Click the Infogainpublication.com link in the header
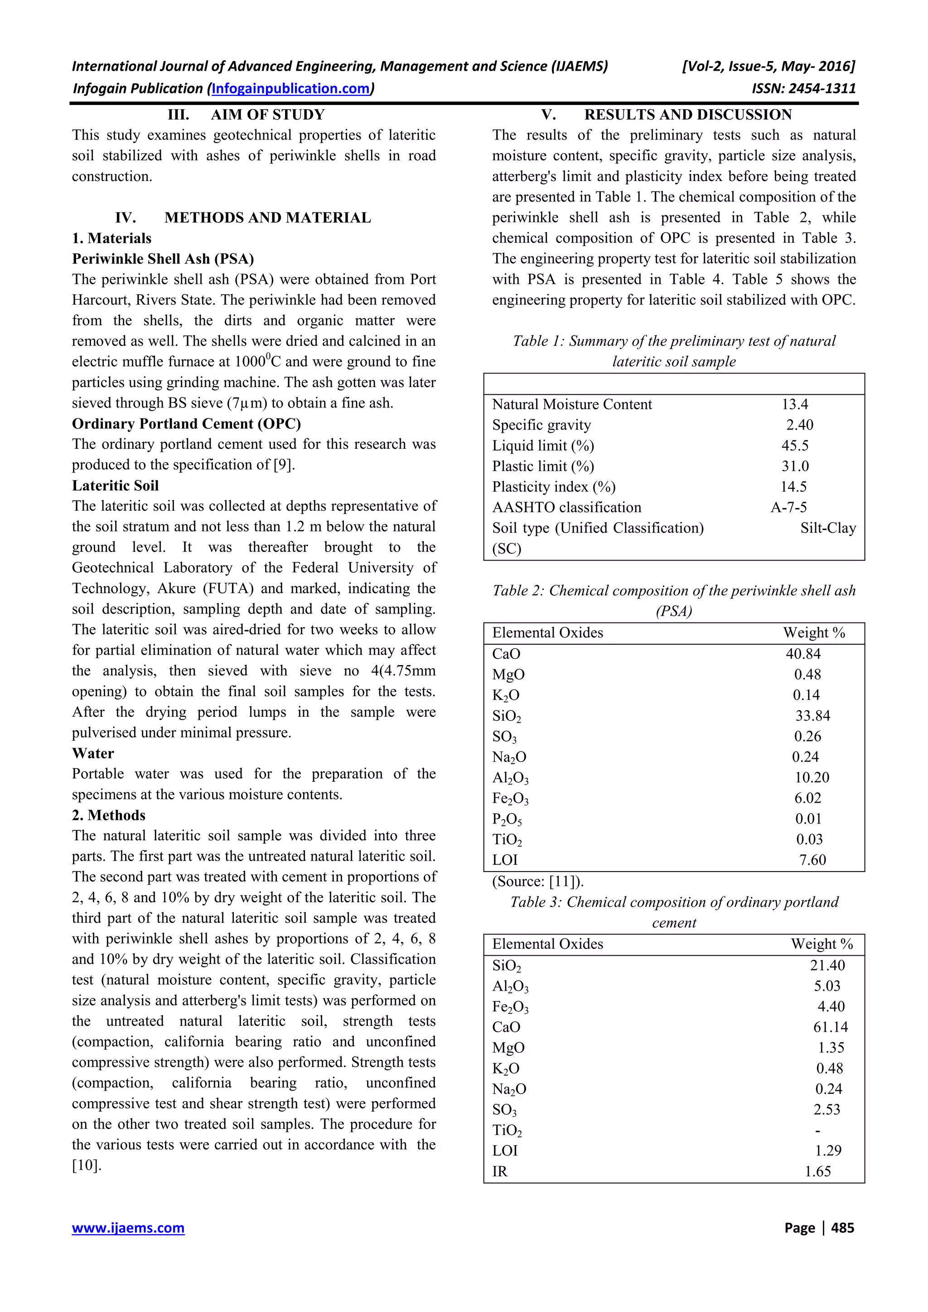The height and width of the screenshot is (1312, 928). [x=291, y=89]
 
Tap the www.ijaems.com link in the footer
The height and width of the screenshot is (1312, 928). [x=128, y=1227]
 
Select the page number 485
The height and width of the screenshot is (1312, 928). [x=842, y=1227]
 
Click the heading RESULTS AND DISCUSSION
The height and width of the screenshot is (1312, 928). [x=687, y=115]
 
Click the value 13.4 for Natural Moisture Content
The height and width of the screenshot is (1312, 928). [x=795, y=405]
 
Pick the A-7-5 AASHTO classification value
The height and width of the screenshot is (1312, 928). [x=788, y=508]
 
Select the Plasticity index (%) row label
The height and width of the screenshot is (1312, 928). [x=553, y=487]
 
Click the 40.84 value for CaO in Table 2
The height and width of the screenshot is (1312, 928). [x=803, y=654]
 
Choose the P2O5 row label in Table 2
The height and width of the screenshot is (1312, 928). [x=507, y=819]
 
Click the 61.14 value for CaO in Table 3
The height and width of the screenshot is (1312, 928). [x=830, y=1027]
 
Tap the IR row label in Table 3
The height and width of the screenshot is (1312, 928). [x=500, y=1172]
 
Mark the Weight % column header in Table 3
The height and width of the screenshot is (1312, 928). [x=822, y=944]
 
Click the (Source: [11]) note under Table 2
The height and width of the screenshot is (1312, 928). [x=537, y=881]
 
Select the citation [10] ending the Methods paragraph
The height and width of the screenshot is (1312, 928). [x=87, y=1165]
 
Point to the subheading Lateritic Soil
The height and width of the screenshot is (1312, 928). [x=115, y=486]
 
